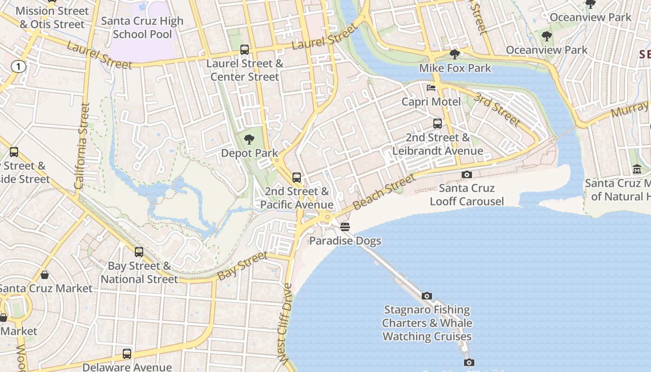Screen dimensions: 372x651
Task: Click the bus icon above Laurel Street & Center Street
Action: coord(244,50)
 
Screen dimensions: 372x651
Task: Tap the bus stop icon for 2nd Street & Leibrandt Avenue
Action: coord(438,124)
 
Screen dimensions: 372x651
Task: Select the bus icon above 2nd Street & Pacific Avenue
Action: coord(297,177)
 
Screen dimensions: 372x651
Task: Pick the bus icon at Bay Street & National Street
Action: coord(139,252)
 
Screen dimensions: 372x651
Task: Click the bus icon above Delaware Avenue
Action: coord(127,354)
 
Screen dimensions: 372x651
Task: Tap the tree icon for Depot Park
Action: coord(249,139)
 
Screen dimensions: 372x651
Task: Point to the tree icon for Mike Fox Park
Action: coord(455,54)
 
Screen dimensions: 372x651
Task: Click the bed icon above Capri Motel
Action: coord(431,88)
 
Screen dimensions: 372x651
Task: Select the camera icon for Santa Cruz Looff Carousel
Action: coord(467,174)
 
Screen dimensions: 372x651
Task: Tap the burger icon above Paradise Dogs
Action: coord(345,227)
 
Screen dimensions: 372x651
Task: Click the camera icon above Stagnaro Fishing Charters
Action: coord(426,296)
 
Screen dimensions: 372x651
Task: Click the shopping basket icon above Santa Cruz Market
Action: coord(45,275)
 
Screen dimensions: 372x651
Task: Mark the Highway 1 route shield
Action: coord(18,67)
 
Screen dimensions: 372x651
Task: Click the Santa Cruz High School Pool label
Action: coord(142,27)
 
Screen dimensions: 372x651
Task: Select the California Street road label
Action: coord(82,146)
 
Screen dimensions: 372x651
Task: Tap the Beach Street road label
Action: coord(383,192)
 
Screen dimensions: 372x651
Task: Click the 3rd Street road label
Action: coord(497,109)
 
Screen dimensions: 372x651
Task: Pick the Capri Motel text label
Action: coord(432,102)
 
